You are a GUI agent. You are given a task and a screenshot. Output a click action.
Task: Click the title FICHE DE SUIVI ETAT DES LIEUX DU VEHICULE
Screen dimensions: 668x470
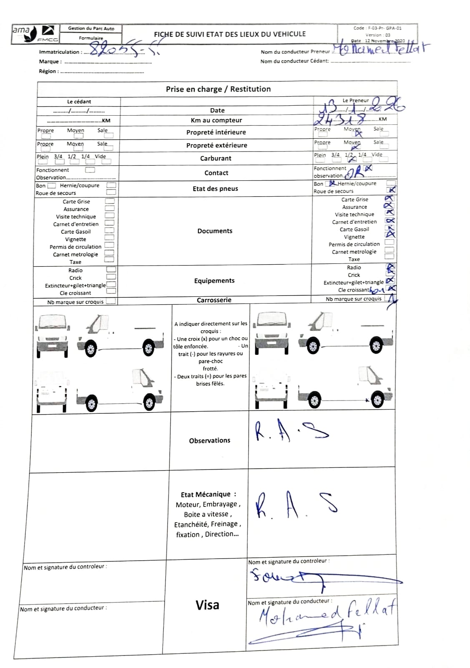[x=230, y=34]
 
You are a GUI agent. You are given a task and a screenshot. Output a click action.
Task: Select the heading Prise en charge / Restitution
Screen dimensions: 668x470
[x=218, y=89]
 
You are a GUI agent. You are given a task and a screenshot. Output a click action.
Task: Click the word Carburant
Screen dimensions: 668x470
[x=216, y=158]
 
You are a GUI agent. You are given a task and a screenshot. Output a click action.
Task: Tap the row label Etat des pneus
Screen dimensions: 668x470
[x=215, y=189]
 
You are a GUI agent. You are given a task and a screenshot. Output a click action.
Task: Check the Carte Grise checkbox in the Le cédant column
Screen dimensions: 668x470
[x=110, y=201]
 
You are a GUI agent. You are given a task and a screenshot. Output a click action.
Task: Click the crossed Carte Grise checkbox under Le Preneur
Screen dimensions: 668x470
[x=389, y=199]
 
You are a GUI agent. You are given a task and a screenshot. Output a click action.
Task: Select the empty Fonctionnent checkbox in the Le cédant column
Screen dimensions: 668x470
[x=90, y=170]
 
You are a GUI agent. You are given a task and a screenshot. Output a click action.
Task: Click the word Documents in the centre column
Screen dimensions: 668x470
[x=215, y=231]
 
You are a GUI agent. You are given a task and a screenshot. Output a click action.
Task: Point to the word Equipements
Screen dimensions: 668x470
[x=214, y=281]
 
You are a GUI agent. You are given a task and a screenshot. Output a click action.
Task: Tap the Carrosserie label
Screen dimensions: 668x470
[x=214, y=300]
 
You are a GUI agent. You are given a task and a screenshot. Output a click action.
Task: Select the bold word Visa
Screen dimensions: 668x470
[x=207, y=605]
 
